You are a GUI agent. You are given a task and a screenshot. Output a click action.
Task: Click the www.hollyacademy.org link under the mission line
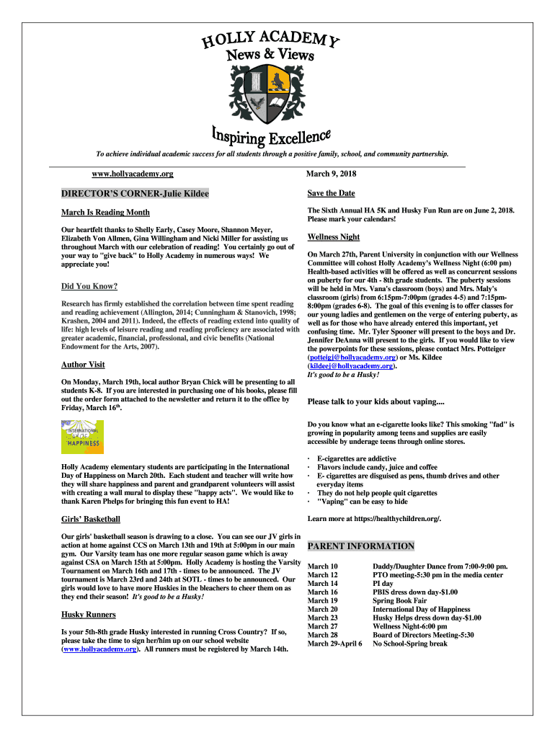click(x=133, y=174)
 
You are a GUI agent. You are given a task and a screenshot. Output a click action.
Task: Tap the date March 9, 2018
click(x=332, y=174)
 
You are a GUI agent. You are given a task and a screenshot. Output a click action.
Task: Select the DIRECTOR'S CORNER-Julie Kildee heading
click(x=135, y=194)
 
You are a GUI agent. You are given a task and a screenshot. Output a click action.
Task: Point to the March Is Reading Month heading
click(x=105, y=213)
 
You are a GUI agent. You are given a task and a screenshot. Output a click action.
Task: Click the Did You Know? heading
click(x=89, y=286)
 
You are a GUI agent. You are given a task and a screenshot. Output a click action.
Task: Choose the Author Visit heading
click(x=83, y=365)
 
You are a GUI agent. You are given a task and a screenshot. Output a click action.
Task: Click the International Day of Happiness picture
click(x=82, y=436)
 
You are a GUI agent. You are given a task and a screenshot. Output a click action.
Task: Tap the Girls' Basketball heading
click(x=90, y=519)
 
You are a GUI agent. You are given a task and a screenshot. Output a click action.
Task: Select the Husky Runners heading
click(x=89, y=615)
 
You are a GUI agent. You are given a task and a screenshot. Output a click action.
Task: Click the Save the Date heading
click(x=331, y=193)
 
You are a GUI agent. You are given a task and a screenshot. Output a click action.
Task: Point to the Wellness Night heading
click(x=334, y=237)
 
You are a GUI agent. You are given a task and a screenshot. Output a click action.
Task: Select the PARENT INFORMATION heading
click(x=361, y=546)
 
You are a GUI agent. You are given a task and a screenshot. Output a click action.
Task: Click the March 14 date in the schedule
click(x=322, y=584)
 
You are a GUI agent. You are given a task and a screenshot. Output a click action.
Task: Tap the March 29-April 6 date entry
click(x=334, y=644)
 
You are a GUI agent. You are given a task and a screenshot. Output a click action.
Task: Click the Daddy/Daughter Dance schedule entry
click(x=440, y=566)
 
